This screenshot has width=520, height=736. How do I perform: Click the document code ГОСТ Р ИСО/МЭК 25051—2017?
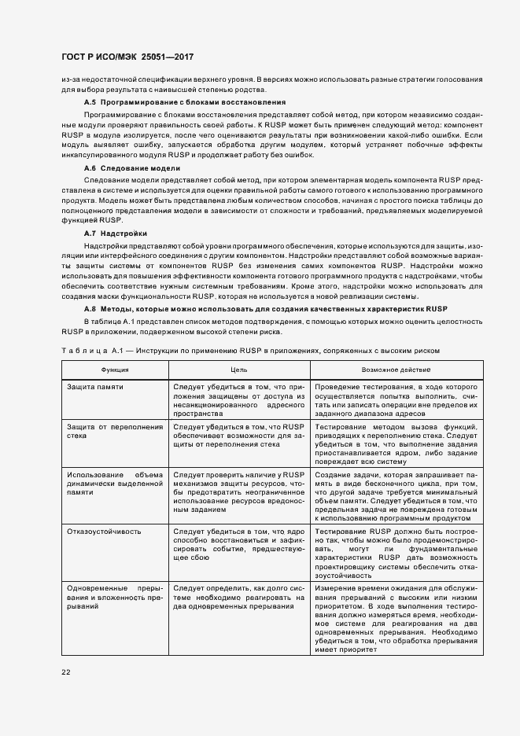coord(127,57)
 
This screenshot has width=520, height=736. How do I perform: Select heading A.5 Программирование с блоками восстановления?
coord(184,103)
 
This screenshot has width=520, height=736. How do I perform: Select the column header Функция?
coord(115,369)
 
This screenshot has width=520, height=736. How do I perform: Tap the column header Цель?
coord(239,369)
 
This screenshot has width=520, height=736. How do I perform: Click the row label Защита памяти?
coord(95,388)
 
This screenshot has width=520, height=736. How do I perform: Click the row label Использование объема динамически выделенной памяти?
coord(115,484)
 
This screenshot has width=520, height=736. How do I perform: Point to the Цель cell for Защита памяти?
coord(239,400)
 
